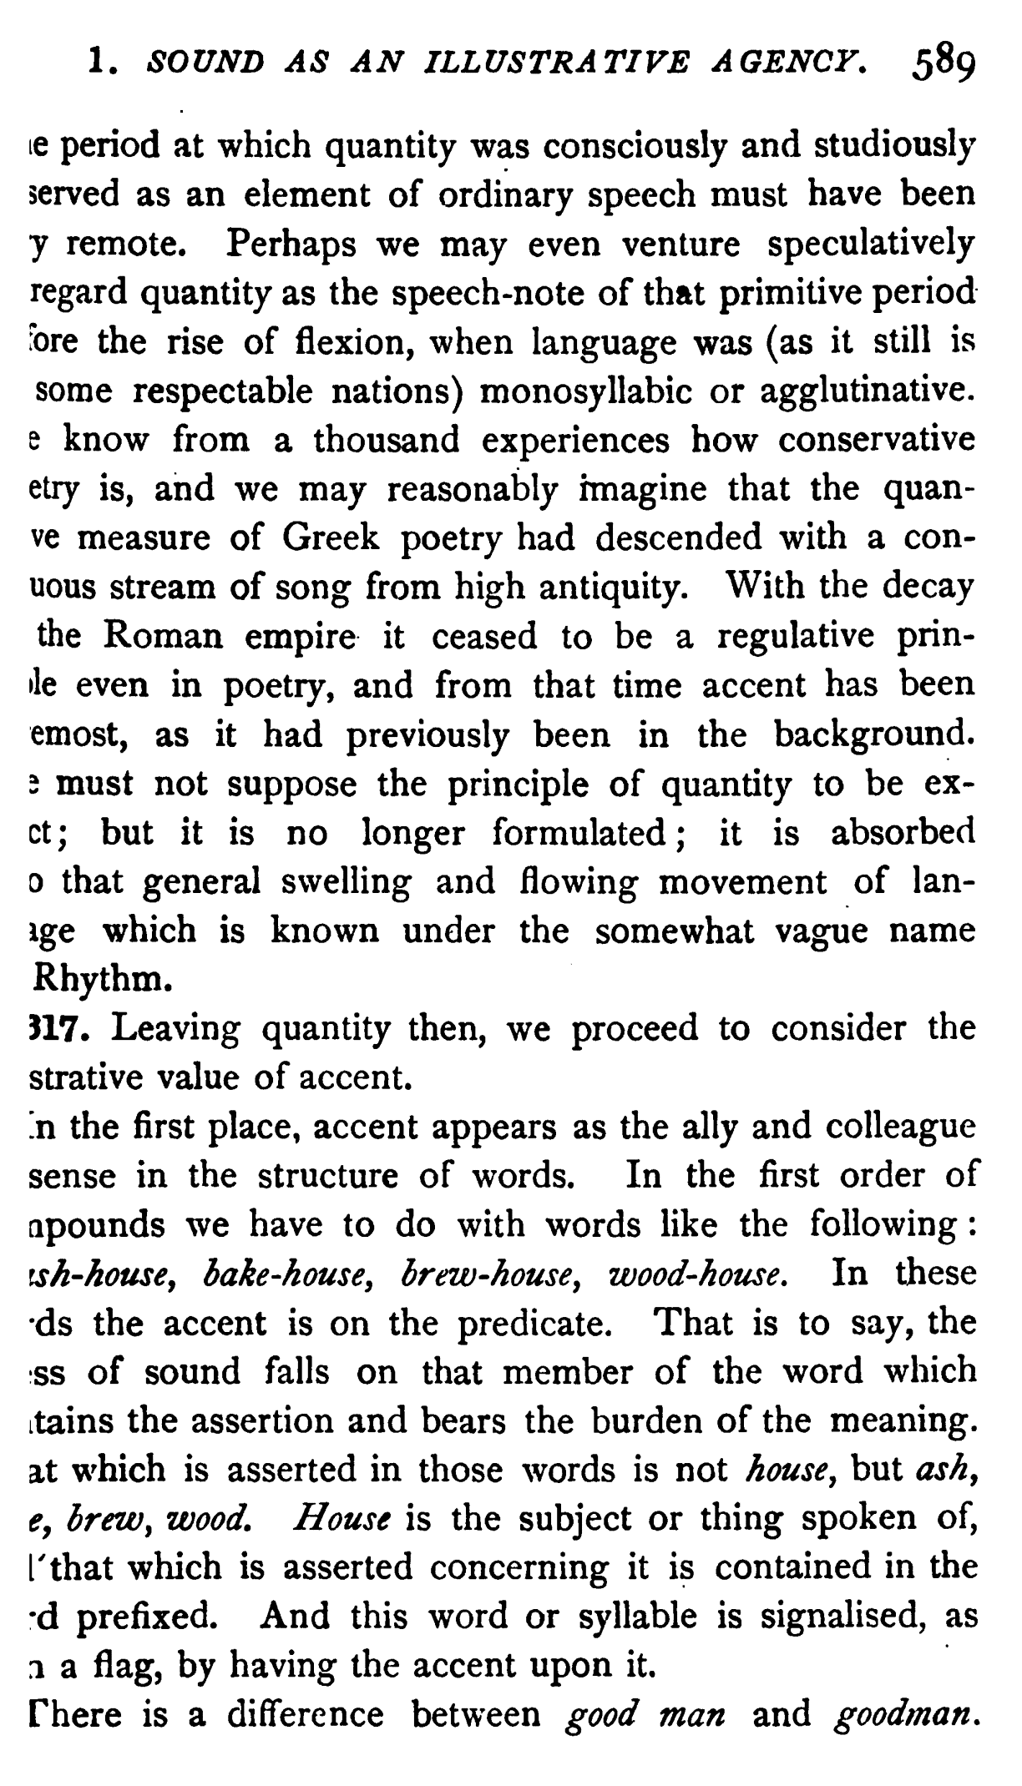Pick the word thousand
pyautogui.click(x=387, y=440)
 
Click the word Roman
pyautogui.click(x=164, y=637)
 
